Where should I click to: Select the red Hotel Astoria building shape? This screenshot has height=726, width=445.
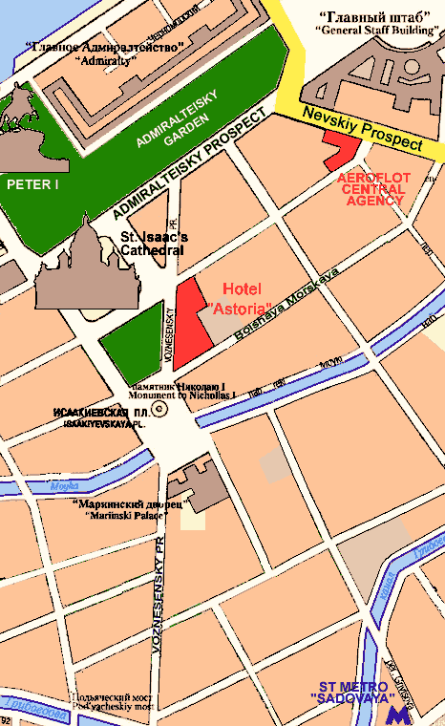point(193,315)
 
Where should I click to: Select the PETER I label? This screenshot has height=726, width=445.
point(32,183)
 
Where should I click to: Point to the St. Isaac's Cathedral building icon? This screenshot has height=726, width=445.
point(86,267)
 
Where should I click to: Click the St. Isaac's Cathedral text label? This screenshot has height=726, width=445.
point(154,244)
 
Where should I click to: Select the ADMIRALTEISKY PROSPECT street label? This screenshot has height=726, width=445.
point(187,166)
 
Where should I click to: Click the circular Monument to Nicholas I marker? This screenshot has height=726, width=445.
point(159,409)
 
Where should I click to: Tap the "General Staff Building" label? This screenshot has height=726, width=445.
point(374,30)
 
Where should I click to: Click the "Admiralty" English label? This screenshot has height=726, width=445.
point(105,59)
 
